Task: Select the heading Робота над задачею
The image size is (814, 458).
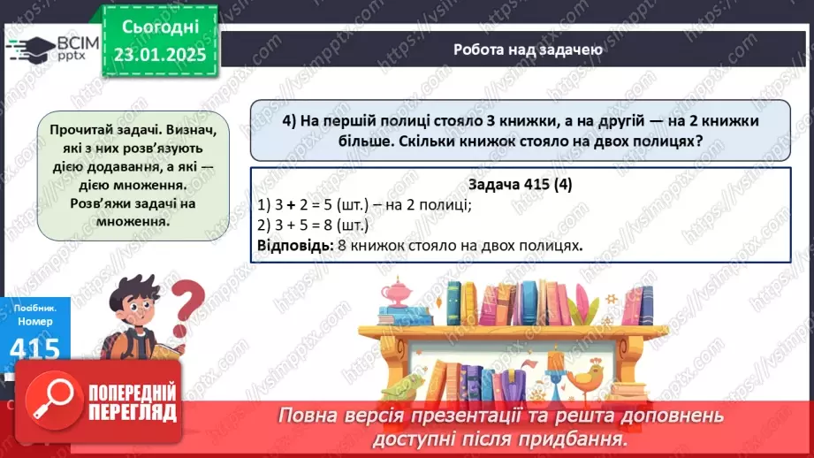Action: (x=528, y=50)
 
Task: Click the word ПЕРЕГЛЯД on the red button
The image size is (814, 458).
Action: (x=130, y=412)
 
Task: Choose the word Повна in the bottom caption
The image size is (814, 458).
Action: (x=310, y=416)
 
